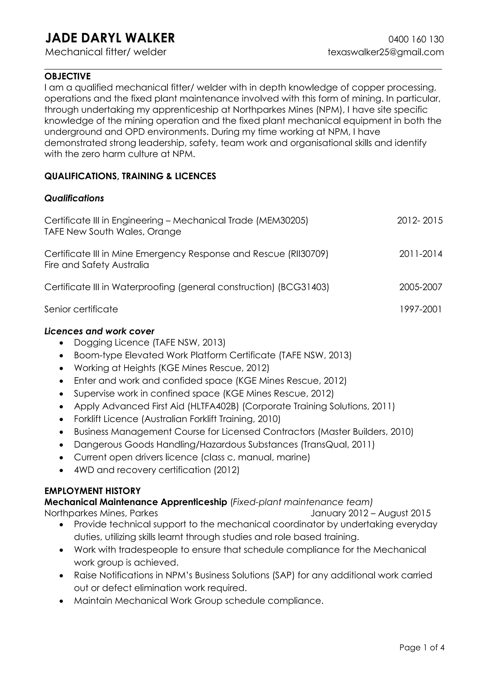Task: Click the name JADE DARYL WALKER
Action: tap(110, 38)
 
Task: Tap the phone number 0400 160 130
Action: tap(416, 39)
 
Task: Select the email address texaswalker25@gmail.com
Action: tap(386, 52)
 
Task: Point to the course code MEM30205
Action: tap(282, 221)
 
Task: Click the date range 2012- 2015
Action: tap(420, 221)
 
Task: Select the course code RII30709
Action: tap(308, 254)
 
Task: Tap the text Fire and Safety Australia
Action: tap(97, 265)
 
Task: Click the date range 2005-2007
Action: tap(421, 287)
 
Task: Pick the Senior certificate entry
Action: tap(81, 309)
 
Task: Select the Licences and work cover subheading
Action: tap(99, 331)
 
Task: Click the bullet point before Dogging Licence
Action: tap(62, 343)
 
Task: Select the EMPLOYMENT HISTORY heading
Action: tap(92, 491)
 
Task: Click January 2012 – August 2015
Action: tap(370, 513)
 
